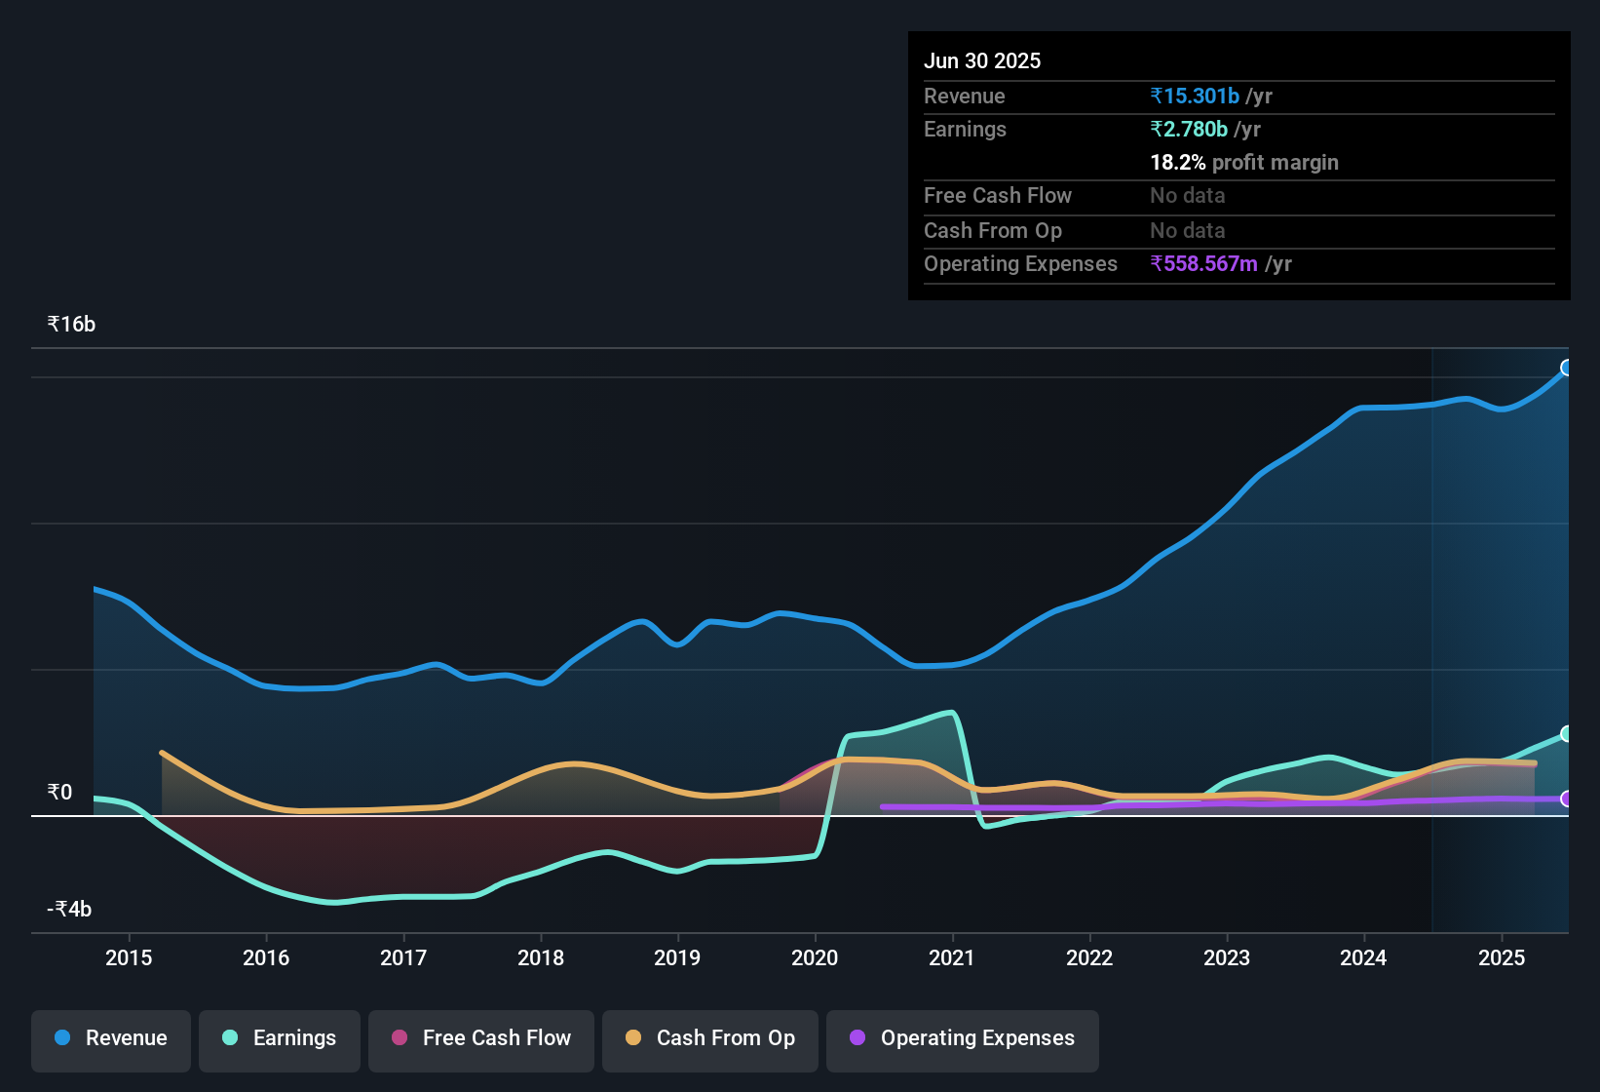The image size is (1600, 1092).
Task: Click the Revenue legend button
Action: tap(111, 1038)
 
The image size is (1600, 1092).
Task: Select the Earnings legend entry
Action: tap(280, 1038)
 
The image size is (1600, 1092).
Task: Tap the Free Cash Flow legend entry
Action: tap(481, 1038)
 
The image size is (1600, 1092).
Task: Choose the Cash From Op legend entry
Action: tap(710, 1038)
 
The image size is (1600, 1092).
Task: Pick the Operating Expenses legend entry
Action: tap(963, 1038)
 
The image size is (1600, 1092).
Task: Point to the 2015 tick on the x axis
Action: tap(129, 957)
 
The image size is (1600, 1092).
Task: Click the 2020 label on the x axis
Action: tap(815, 957)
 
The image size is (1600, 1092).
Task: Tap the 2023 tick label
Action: tap(1227, 957)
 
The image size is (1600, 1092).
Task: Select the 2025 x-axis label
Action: tap(1502, 957)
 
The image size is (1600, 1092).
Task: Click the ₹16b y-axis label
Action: tap(71, 325)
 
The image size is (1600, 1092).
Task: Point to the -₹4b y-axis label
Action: tap(69, 909)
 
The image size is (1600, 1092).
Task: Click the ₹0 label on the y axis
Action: tap(59, 792)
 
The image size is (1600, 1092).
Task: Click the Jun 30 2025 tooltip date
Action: tap(982, 60)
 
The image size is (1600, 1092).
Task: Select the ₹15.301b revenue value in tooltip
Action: tap(1195, 96)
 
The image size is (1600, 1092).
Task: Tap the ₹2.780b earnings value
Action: tap(1189, 129)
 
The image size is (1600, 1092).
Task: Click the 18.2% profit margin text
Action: tap(1244, 162)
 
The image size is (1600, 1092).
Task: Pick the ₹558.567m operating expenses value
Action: tap(1203, 263)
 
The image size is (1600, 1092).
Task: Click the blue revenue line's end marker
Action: tap(1567, 368)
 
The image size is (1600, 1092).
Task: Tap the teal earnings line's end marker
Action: tap(1567, 733)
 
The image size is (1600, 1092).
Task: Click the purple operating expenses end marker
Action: tap(1567, 799)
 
